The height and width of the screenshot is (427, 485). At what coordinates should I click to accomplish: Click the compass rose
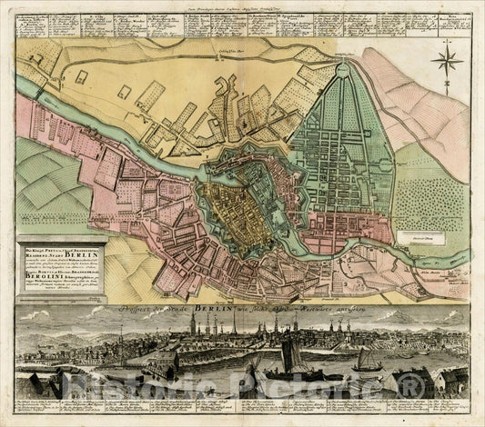click(446, 62)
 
